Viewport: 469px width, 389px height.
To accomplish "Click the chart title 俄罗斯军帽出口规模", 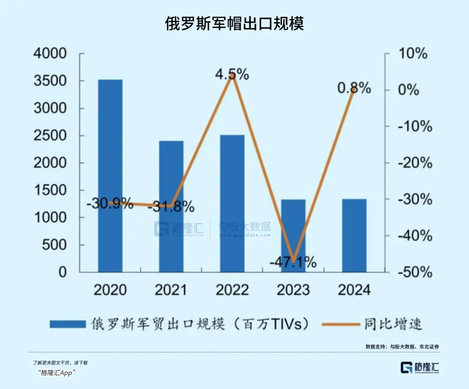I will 234,23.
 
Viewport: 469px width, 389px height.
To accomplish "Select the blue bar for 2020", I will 110,176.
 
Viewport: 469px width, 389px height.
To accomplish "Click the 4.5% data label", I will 232,74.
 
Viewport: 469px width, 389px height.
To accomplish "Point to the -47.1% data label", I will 293,263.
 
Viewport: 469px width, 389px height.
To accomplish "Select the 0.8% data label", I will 354,88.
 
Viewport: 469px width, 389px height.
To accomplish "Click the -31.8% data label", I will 171,207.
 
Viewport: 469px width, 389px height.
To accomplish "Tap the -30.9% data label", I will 109,203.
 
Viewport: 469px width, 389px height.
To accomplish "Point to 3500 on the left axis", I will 50,81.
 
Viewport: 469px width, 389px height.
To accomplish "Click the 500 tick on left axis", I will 56,245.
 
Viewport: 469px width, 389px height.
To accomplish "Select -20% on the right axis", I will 415,163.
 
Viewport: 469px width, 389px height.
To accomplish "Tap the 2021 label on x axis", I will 170,289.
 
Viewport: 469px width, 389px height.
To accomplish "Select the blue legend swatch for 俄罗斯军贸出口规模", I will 67,324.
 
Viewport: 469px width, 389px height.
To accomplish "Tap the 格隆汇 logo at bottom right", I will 419,367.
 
